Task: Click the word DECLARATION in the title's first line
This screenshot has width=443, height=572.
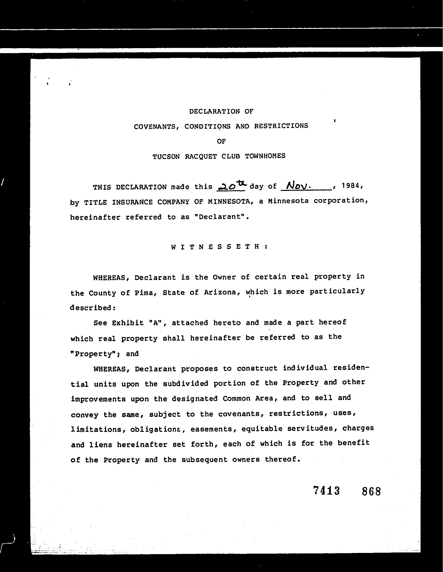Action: pos(214,112)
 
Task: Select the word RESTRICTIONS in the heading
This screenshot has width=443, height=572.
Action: pos(281,126)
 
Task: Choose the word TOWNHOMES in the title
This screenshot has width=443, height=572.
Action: pos(265,156)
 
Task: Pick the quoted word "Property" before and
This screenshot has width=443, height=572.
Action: pos(95,354)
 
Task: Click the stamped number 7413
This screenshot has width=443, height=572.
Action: pos(327,491)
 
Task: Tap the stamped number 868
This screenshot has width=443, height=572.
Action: pos(371,491)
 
